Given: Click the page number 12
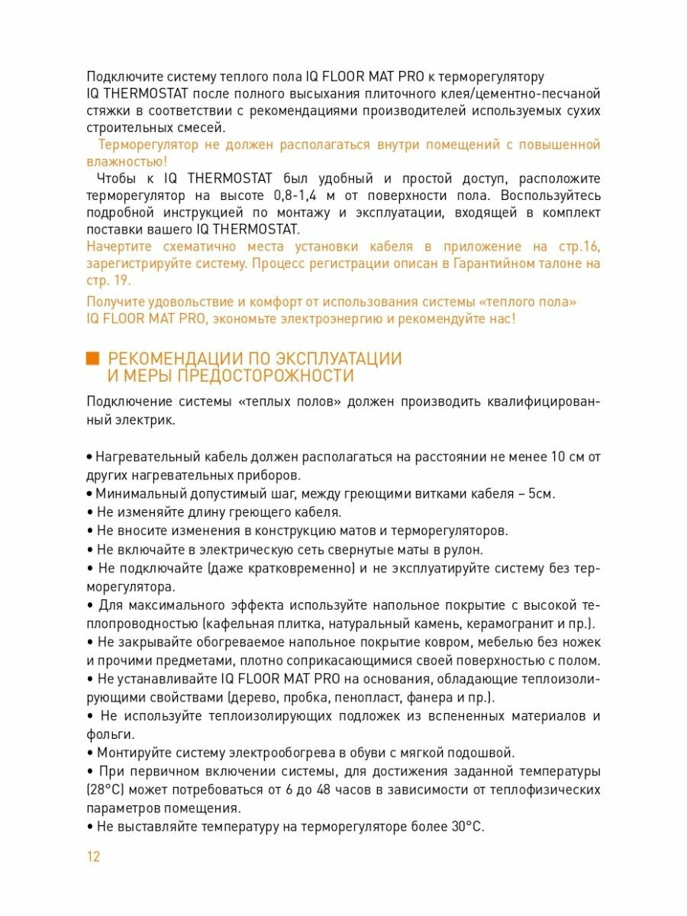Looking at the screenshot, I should [x=93, y=856].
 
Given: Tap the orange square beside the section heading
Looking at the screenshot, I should [x=93, y=359].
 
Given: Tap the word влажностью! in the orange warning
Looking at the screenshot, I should [x=127, y=161].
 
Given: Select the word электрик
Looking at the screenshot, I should [x=147, y=419].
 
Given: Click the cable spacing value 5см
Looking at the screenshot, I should [x=540, y=493].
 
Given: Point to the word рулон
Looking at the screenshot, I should [x=466, y=550].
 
